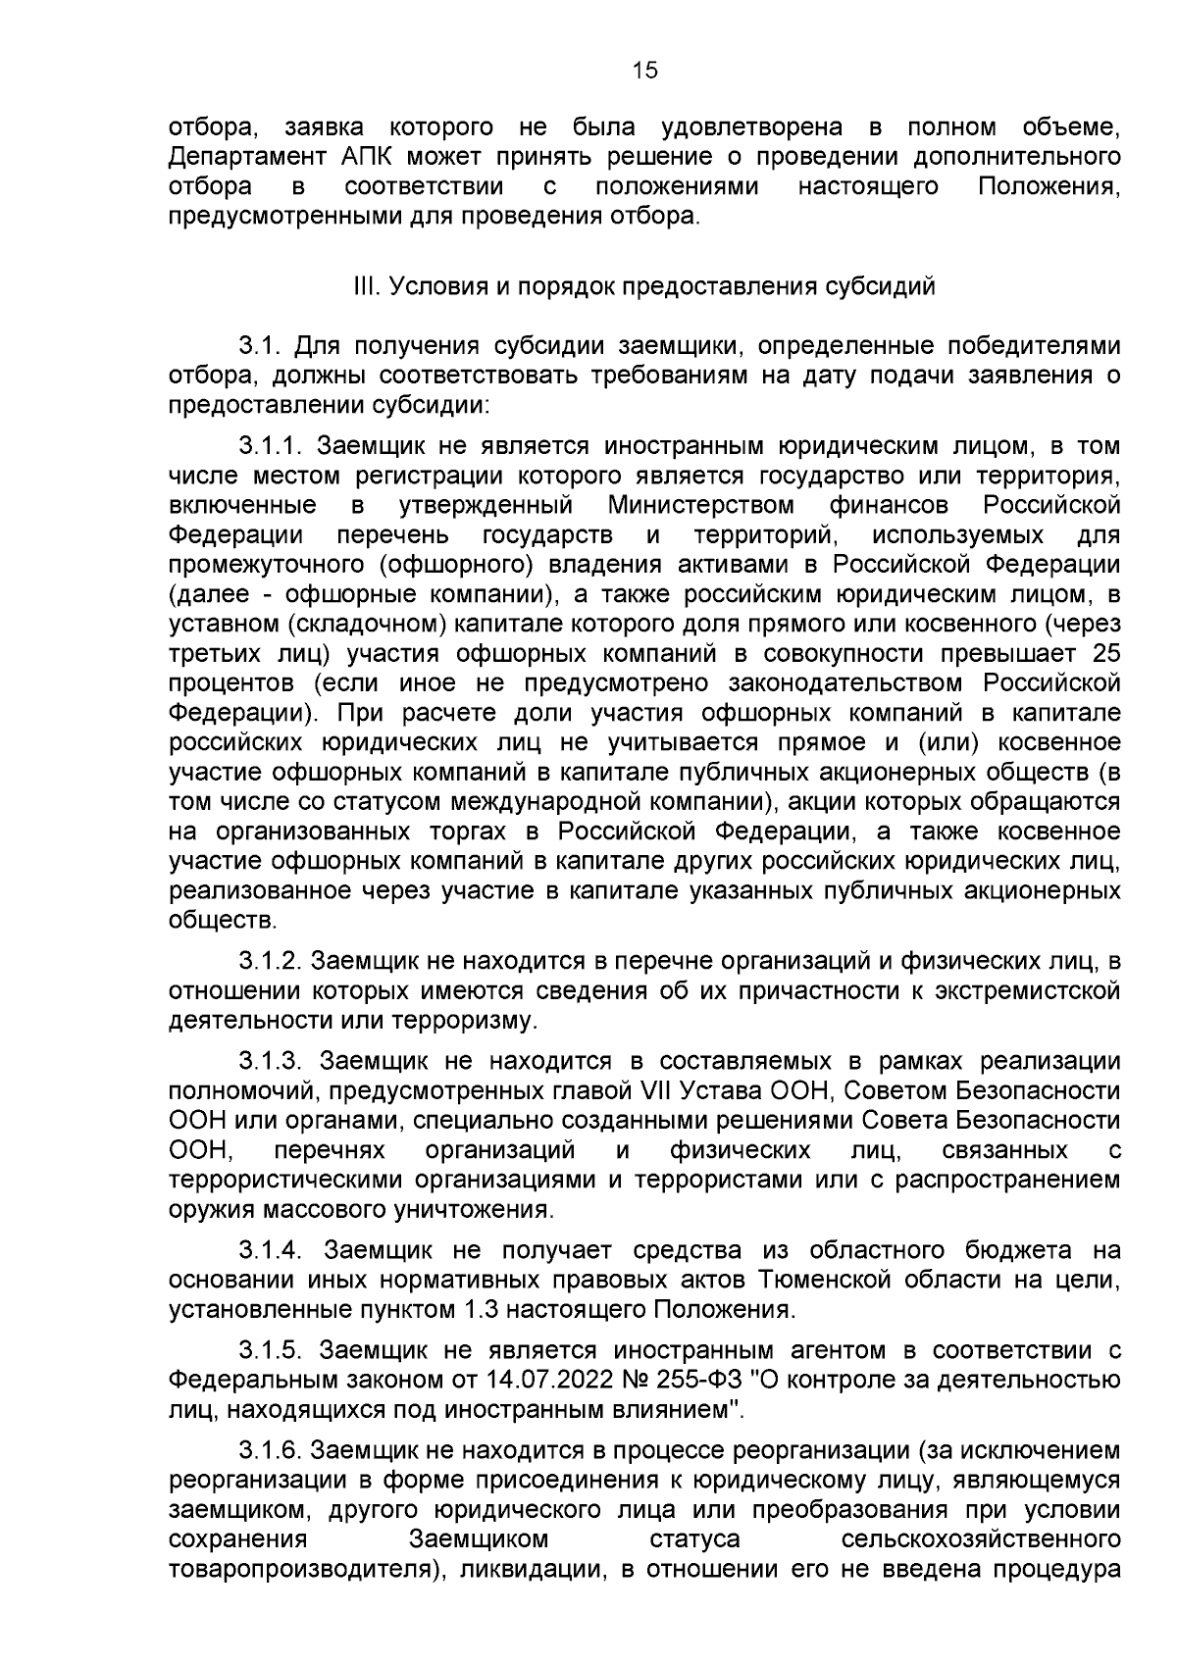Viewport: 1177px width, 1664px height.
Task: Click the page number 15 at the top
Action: click(645, 70)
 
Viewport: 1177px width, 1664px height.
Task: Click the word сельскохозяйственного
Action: click(981, 1539)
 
